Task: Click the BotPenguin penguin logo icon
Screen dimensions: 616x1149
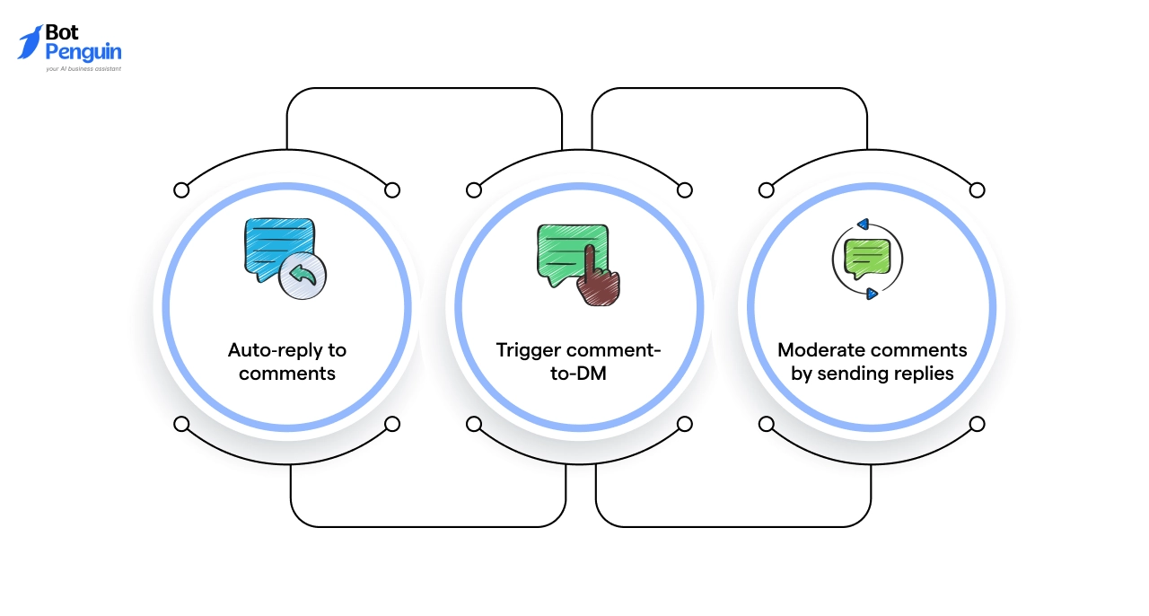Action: [x=30, y=42]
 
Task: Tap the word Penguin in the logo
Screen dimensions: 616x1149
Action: [x=83, y=52]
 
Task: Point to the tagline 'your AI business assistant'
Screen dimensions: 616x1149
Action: [x=83, y=68]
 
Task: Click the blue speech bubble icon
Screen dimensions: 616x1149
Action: [x=275, y=245]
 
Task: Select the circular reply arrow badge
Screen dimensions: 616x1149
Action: [x=303, y=275]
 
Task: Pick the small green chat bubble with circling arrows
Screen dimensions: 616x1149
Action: [x=866, y=260]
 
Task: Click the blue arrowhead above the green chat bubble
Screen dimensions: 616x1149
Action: [x=863, y=224]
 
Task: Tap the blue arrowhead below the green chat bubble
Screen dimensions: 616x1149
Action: [x=871, y=293]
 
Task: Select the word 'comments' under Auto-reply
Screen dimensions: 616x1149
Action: [x=287, y=373]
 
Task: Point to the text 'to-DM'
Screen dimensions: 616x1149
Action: [x=578, y=373]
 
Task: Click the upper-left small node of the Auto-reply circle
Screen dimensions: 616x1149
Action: [x=181, y=189]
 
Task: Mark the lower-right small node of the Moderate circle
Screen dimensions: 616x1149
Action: [x=978, y=424]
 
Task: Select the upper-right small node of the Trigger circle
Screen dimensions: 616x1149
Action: [x=685, y=189]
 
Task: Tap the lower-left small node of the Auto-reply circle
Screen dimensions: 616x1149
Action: [x=181, y=424]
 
